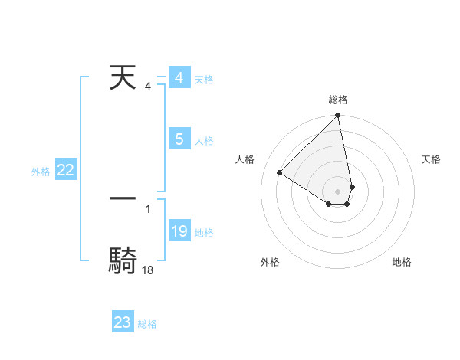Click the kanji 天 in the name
(123, 78)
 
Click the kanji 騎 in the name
(123, 260)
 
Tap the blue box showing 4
(179, 78)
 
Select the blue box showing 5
(179, 139)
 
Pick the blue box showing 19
(179, 231)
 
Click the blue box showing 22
(65, 171)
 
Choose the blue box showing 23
(123, 322)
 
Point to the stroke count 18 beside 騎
(147, 270)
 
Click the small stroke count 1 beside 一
(147, 208)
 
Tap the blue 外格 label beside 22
(41, 172)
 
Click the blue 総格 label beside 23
(147, 324)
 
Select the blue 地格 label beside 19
(204, 233)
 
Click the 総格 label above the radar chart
(338, 100)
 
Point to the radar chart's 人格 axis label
(245, 159)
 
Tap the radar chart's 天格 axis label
(432, 159)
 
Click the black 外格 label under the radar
(270, 263)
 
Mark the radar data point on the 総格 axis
(338, 116)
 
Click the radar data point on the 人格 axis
(280, 172)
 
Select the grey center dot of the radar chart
(338, 191)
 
